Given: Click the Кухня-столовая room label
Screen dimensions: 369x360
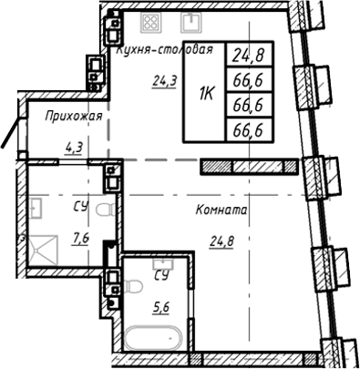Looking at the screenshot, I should tap(165, 51).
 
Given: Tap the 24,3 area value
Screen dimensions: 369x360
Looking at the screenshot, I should tap(164, 80).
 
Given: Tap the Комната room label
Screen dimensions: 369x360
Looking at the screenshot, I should tap(221, 210).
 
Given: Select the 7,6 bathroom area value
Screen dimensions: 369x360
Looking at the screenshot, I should tap(79, 240).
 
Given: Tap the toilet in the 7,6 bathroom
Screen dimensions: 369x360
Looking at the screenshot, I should tap(107, 211).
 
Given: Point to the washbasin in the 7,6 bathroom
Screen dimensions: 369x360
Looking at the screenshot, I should tap(37, 210).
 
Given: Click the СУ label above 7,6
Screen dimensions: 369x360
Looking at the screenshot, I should tap(81, 207).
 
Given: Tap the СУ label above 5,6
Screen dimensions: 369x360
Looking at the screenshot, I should tap(161, 273).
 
